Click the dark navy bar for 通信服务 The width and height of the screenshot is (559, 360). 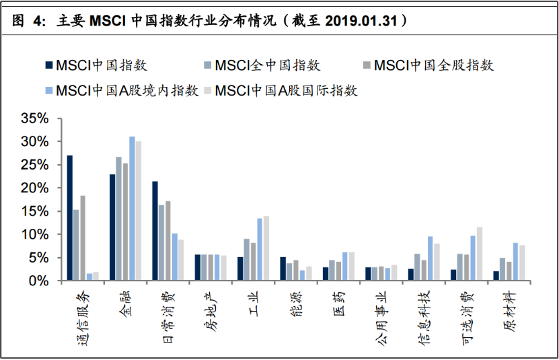[70, 218]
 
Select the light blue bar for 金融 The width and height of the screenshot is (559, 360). [132, 209]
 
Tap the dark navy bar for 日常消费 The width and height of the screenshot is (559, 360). [155, 231]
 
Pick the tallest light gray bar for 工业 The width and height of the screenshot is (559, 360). [266, 248]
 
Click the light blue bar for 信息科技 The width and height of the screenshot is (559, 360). [431, 258]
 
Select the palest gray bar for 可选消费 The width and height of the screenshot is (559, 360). [480, 254]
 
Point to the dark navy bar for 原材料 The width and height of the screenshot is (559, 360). [496, 276]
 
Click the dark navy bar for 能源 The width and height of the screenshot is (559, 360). [283, 268]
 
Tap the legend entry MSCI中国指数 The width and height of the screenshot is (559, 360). [96, 65]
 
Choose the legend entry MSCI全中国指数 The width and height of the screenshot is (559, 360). [262, 65]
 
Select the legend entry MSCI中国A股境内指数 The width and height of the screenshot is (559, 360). [122, 91]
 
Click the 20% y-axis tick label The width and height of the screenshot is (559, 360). [34, 188]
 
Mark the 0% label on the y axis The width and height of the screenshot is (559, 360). [38, 281]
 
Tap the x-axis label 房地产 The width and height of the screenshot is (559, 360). [211, 312]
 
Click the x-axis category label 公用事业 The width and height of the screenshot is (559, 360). [381, 318]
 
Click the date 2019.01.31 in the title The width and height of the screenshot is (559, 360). [361, 21]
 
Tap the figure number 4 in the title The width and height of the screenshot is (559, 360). [38, 21]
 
